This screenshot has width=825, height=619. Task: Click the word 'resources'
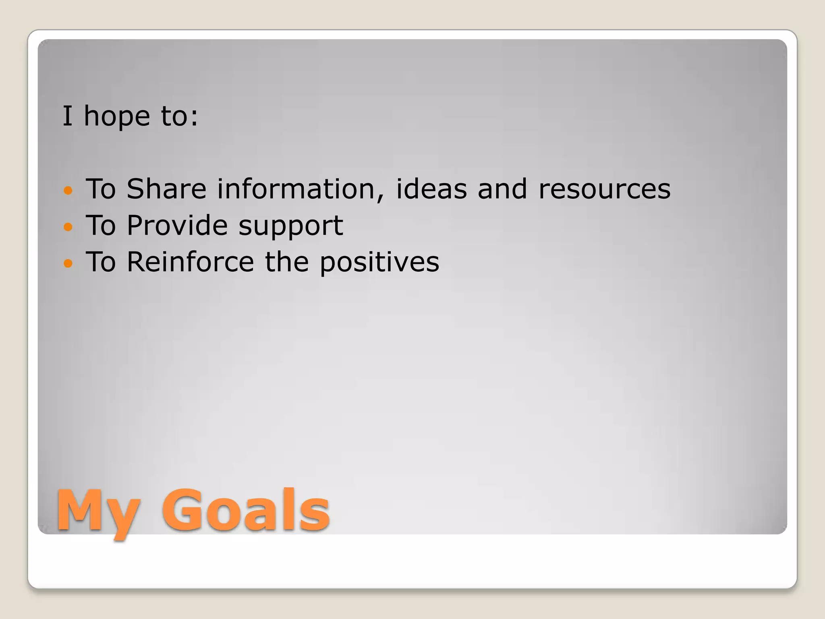pos(604,189)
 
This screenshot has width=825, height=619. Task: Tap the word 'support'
pos(291,227)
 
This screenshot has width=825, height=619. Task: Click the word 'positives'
pos(379,263)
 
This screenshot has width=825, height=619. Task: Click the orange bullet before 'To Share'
pos(68,190)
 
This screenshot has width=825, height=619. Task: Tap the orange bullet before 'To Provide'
pos(68,227)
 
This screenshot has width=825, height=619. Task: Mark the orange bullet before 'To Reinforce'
pos(68,264)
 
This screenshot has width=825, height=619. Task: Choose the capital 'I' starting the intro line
pos(67,116)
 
